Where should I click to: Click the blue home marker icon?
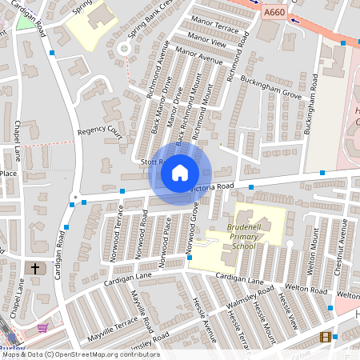tap(180, 171)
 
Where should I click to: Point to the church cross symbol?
tap(34, 269)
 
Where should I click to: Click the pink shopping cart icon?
tap(42, 327)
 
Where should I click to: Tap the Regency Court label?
tap(99, 130)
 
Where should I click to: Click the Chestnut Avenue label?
tap(345, 256)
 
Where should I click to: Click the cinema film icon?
tap(324, 337)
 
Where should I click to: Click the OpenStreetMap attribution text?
tap(79, 354)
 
